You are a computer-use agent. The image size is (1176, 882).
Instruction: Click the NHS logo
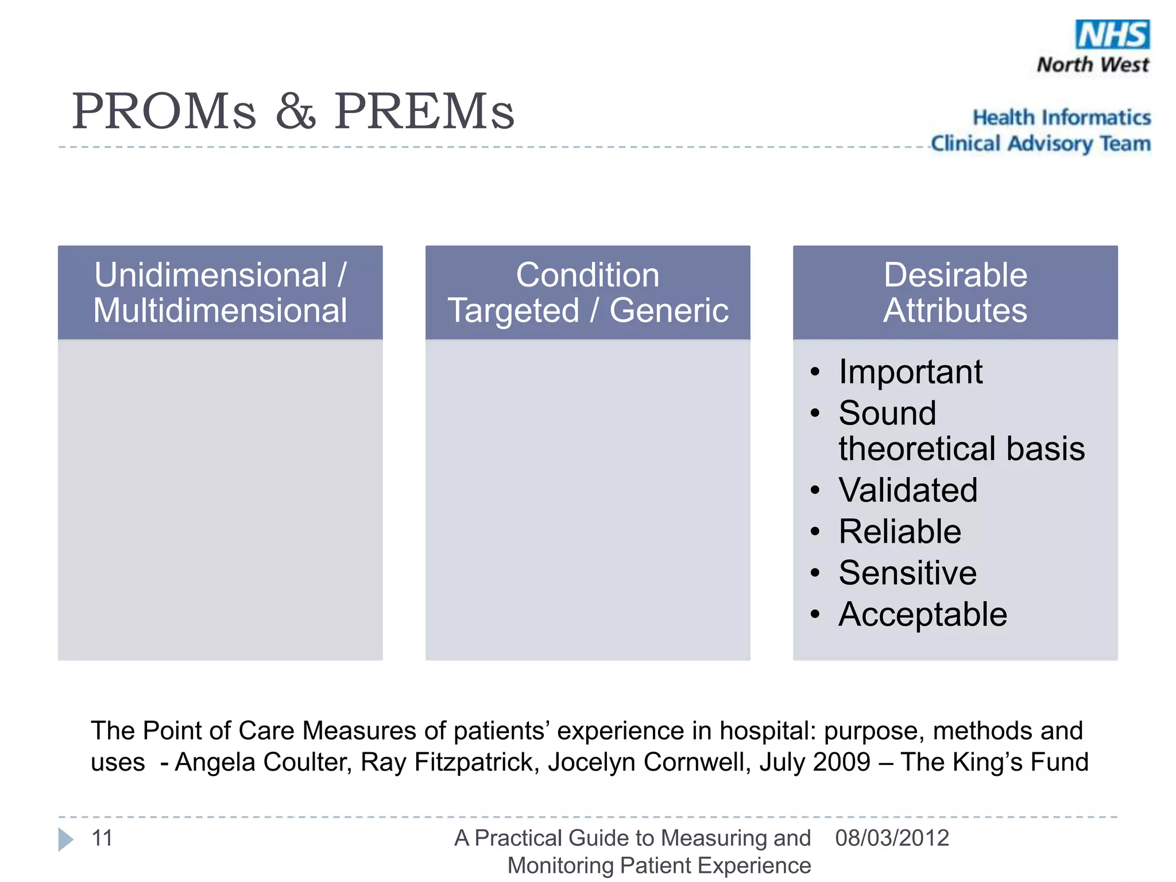[1112, 34]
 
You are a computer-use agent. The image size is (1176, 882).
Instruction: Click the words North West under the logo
[1093, 65]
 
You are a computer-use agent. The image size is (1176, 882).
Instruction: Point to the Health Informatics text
[1061, 118]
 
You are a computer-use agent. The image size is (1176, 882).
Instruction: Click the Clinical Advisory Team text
[1040, 144]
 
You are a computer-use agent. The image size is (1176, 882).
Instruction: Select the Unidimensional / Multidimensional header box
[220, 292]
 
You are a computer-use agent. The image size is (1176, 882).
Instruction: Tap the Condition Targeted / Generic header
[587, 292]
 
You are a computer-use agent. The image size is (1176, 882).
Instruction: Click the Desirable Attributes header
[955, 292]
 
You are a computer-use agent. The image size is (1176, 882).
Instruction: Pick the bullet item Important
[910, 372]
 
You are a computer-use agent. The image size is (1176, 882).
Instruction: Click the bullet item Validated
[907, 490]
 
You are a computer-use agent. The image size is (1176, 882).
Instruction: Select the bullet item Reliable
[899, 532]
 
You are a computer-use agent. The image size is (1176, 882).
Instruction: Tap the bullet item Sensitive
[907, 573]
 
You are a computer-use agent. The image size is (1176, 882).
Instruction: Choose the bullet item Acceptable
[922, 614]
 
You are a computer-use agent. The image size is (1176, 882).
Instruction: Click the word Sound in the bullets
[887, 413]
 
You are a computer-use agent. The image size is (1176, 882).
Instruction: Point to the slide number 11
[102, 838]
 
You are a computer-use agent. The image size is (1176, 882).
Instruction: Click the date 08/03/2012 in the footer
[892, 838]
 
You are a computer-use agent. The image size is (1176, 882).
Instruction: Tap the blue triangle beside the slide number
[66, 840]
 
